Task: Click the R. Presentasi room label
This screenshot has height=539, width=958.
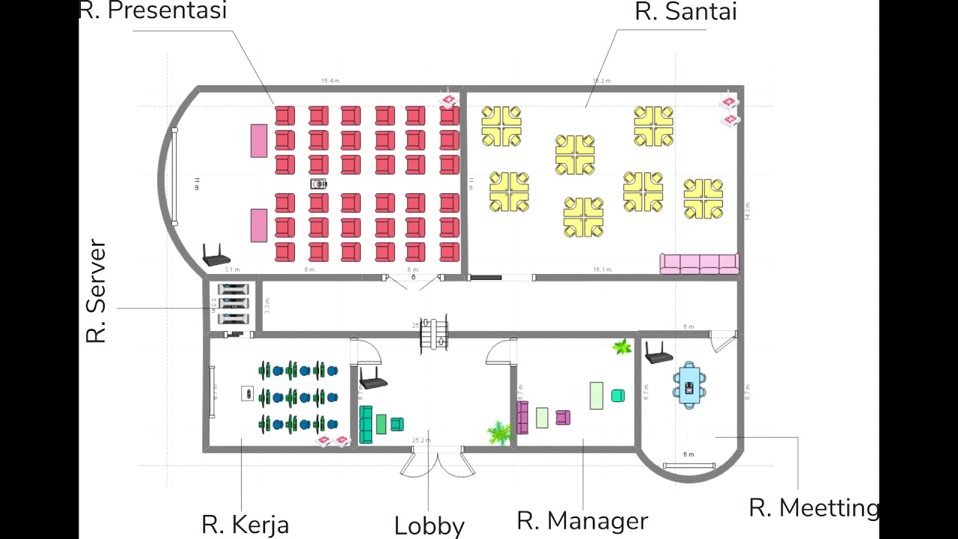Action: point(153,11)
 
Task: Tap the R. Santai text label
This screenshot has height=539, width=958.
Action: point(686,12)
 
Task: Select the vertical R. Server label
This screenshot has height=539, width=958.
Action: point(97,291)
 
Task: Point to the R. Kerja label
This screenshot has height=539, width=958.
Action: point(245,524)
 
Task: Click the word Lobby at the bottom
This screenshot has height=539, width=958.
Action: point(429,526)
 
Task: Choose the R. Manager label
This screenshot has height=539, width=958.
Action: point(582,520)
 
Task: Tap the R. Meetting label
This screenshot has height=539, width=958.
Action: point(814,508)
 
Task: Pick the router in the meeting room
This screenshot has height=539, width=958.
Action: point(659,353)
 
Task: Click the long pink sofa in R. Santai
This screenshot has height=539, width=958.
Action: point(699,264)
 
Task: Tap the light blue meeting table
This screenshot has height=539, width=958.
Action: point(689,385)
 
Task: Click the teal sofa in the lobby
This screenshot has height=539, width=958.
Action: point(366,424)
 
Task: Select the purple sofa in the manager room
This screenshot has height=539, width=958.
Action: point(522,418)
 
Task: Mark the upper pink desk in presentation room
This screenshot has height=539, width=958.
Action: point(259,141)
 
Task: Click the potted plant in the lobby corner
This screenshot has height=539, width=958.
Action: point(498,432)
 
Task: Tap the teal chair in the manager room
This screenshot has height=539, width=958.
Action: point(617,396)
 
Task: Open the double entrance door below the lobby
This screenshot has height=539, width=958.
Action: point(437,461)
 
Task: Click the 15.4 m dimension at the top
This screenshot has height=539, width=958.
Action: point(330,81)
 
